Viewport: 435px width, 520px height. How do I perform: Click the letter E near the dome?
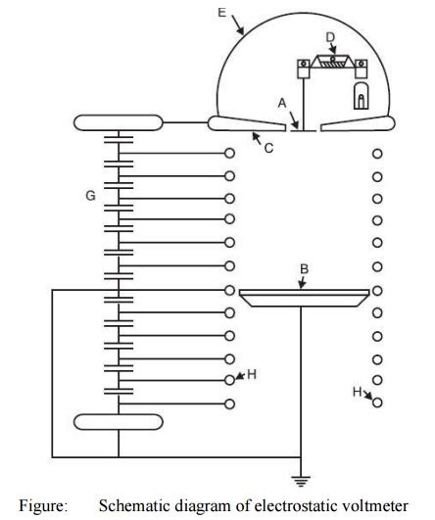point(222,13)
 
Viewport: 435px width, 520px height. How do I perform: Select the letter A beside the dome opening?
point(282,102)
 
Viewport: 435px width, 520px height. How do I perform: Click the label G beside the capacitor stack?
point(90,197)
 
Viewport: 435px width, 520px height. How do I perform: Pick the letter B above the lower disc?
point(304,267)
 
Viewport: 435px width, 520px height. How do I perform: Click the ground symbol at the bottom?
point(299,480)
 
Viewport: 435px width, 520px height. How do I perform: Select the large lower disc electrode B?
point(304,296)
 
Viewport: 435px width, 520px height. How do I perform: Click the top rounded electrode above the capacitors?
point(118,122)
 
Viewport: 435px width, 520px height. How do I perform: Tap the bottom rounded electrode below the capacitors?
point(118,422)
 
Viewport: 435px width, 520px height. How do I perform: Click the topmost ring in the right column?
point(377,154)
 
